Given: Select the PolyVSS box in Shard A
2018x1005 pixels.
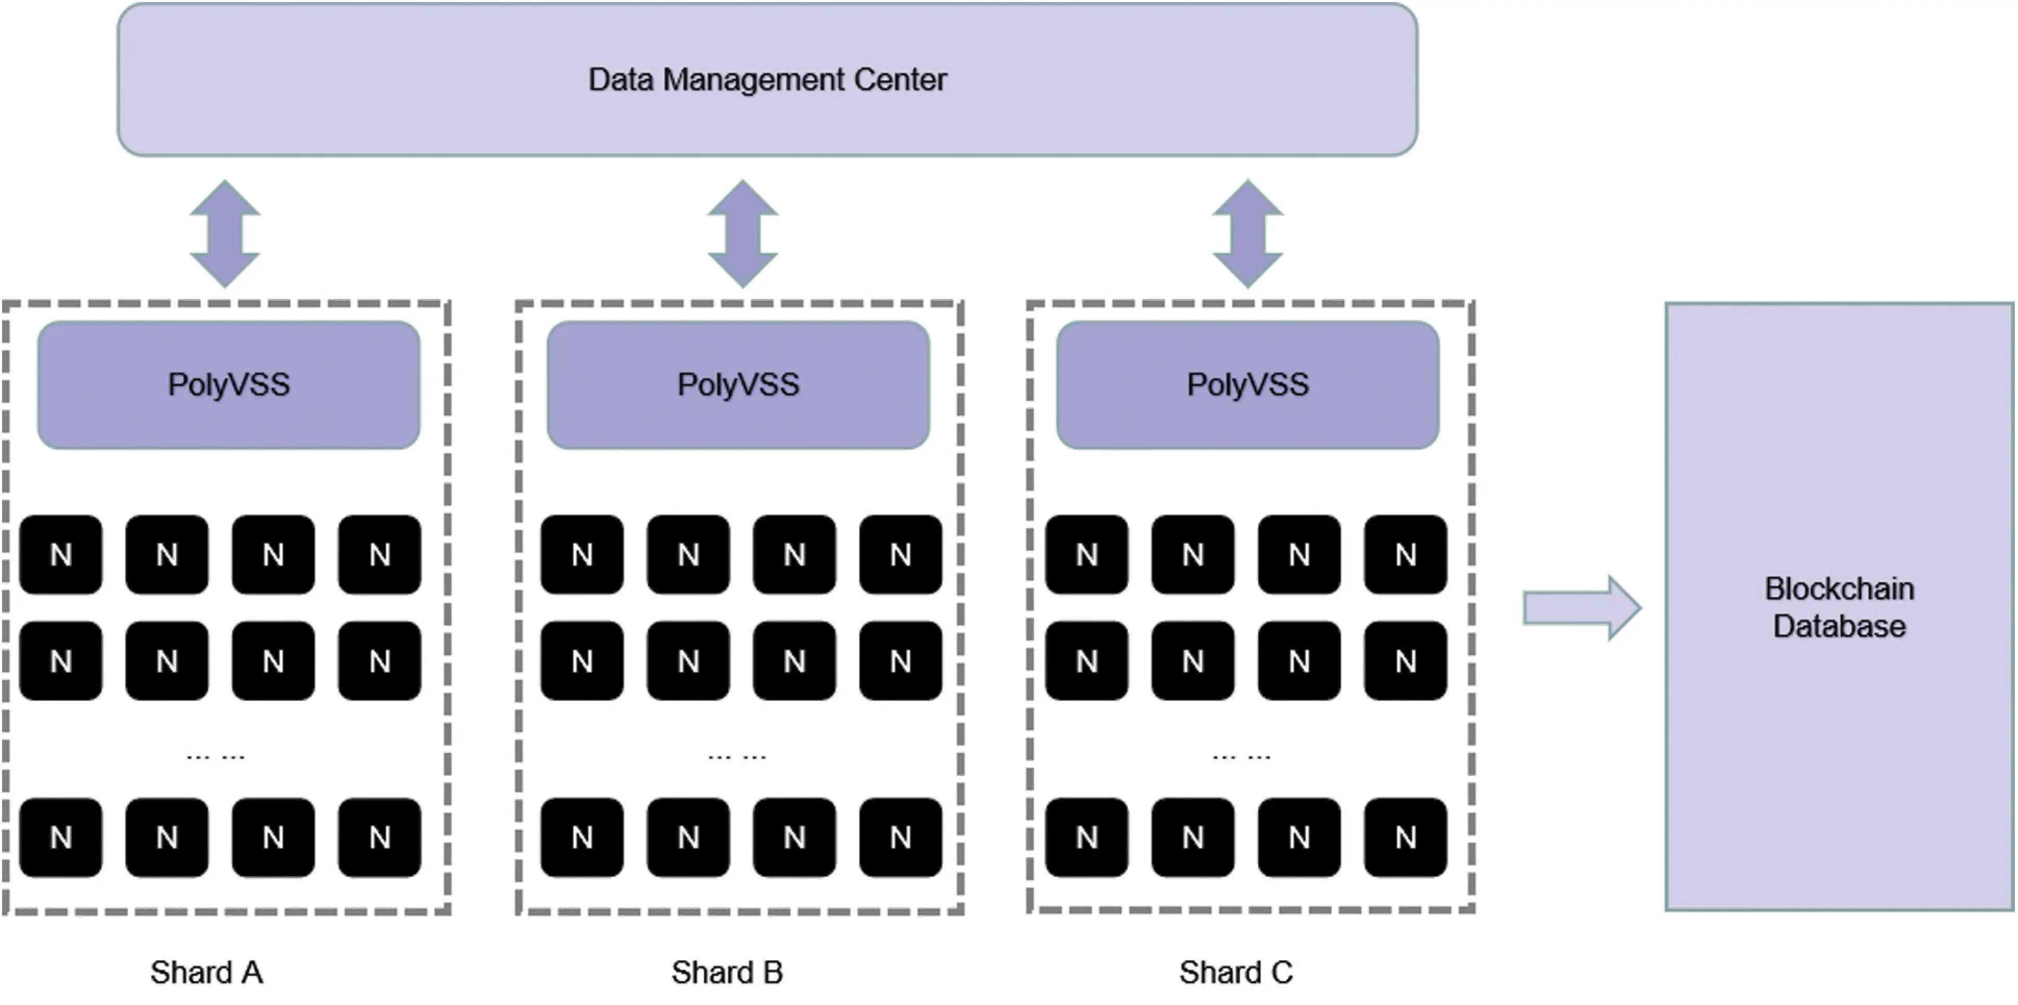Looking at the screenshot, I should (229, 385).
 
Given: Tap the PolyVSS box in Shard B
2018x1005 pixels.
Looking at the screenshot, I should (738, 385).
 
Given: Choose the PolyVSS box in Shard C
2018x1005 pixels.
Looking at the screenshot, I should (1247, 385).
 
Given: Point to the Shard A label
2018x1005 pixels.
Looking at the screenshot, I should (207, 972).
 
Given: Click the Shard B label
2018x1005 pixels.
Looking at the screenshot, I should (727, 972).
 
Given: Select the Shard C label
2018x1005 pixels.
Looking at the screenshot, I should (1236, 972).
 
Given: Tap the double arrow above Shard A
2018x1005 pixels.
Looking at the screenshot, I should (225, 233).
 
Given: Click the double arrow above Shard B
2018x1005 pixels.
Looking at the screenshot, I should (742, 233).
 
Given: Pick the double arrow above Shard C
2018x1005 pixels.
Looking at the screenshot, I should (1248, 233).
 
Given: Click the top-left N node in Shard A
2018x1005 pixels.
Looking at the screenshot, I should (61, 555).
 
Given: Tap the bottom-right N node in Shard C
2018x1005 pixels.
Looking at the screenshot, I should (1405, 837).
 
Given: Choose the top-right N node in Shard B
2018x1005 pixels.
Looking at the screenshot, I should (900, 555).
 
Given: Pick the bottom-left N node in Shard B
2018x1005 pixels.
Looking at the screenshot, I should (582, 837).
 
